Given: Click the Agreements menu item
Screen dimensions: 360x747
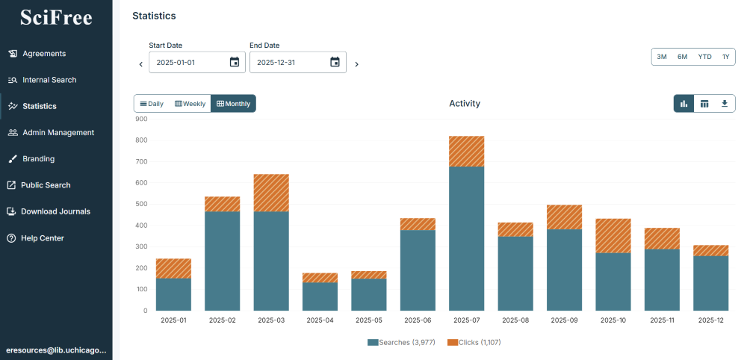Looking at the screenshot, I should pyautogui.click(x=43, y=54).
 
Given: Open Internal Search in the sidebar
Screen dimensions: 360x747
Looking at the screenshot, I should pyautogui.click(x=49, y=80).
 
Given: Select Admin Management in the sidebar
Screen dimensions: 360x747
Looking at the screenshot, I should pyautogui.click(x=58, y=133).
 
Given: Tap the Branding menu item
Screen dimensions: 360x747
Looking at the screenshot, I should pyautogui.click(x=38, y=159).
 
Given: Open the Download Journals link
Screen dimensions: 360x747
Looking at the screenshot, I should pyautogui.click(x=55, y=211).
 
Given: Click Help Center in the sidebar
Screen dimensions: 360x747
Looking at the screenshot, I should pyautogui.click(x=42, y=238).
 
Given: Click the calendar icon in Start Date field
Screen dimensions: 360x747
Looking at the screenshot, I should pyautogui.click(x=235, y=63).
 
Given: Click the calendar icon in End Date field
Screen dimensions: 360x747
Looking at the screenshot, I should pyautogui.click(x=335, y=63).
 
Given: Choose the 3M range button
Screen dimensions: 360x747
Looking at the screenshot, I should pyautogui.click(x=662, y=57).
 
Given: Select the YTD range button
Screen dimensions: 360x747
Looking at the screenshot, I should pyautogui.click(x=704, y=57).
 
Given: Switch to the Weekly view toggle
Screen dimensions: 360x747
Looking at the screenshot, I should pyautogui.click(x=190, y=104).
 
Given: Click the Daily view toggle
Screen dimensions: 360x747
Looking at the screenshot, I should pyautogui.click(x=152, y=104).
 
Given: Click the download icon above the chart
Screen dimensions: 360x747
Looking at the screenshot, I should pyautogui.click(x=724, y=104).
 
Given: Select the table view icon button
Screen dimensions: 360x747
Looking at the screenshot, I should pyautogui.click(x=704, y=104).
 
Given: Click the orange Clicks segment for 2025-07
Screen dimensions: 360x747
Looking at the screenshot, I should pyautogui.click(x=467, y=152).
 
